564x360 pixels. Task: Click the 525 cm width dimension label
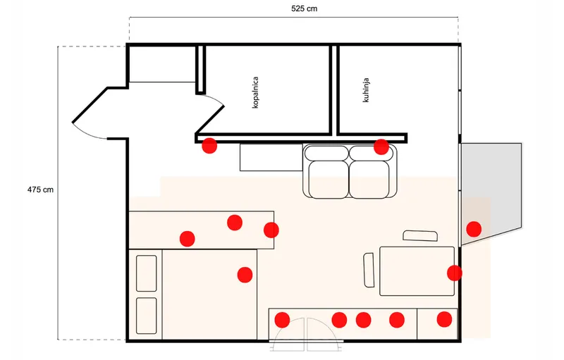(304, 8)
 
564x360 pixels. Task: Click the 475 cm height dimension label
(40, 190)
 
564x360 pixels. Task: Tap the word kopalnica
(255, 92)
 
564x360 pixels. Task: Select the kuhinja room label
(366, 90)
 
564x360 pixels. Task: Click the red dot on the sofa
(381, 147)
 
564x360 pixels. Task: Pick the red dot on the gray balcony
(474, 229)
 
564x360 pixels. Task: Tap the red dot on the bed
(245, 275)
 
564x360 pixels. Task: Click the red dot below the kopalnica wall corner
(209, 146)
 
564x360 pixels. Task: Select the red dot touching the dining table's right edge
(455, 273)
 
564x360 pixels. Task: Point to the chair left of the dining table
(369, 271)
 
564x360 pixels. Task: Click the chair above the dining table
(420, 236)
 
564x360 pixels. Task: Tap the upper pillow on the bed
(147, 273)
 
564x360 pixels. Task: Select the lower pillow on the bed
(147, 316)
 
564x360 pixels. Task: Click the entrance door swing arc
(87, 133)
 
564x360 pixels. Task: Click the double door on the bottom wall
(306, 335)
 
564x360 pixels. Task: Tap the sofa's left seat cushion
(328, 179)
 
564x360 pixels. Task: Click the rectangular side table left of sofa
(271, 157)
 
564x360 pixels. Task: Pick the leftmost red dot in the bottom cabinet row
(282, 320)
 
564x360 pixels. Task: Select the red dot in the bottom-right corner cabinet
(444, 319)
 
